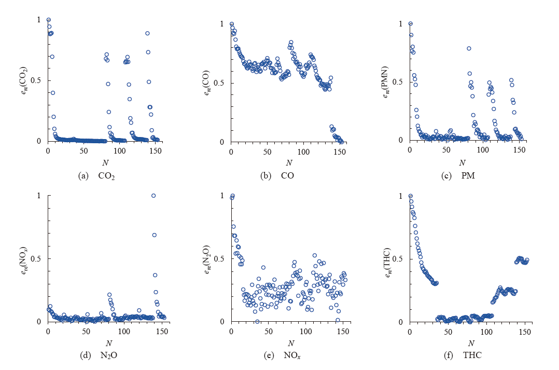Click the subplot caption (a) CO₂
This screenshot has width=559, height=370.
click(x=96, y=176)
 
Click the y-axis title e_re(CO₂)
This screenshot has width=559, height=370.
click(x=27, y=81)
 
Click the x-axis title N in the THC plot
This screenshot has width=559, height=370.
click(x=470, y=343)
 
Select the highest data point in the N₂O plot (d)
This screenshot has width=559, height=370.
click(x=153, y=196)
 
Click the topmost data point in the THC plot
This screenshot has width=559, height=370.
click(x=411, y=196)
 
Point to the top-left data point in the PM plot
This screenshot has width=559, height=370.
click(x=410, y=23)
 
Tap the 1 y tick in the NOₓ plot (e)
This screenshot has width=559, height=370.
click(x=223, y=196)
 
